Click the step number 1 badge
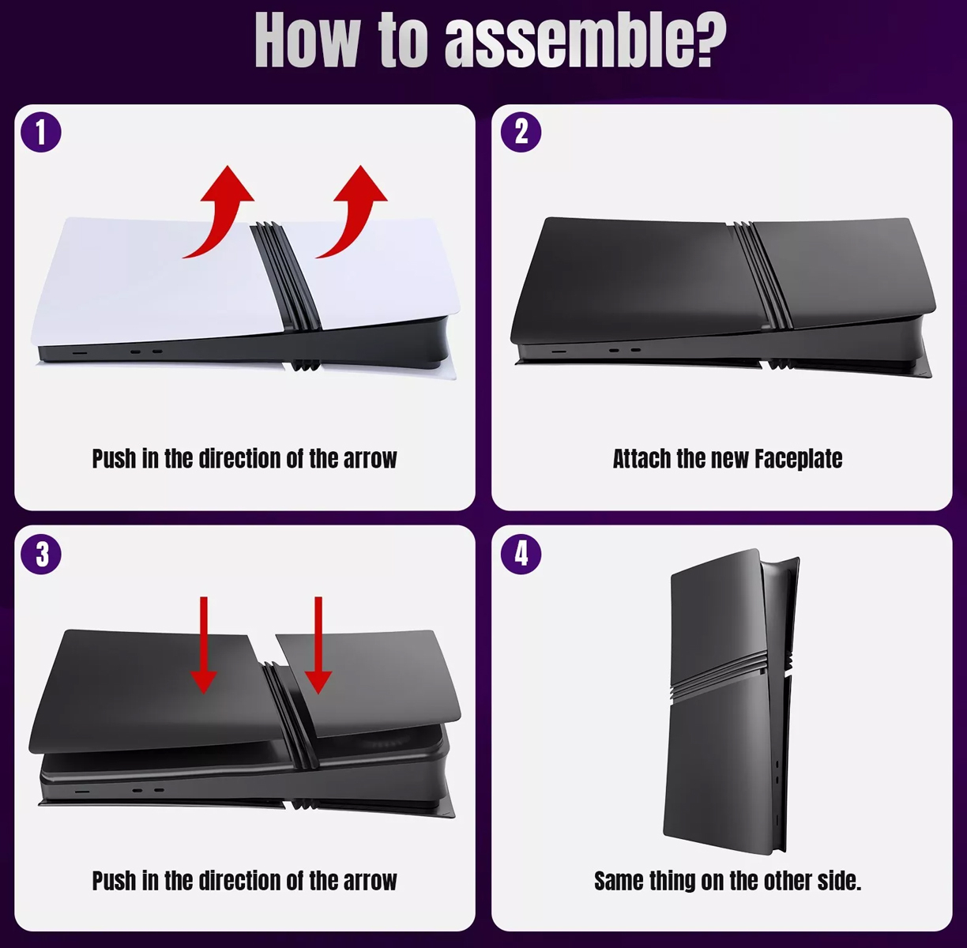(41, 133)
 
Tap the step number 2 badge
(521, 133)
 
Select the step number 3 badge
(41, 555)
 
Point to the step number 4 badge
(521, 555)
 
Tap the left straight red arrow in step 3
(204, 645)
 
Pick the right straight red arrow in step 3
(318, 645)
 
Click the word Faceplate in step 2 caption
(799, 459)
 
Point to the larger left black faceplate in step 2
(638, 281)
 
